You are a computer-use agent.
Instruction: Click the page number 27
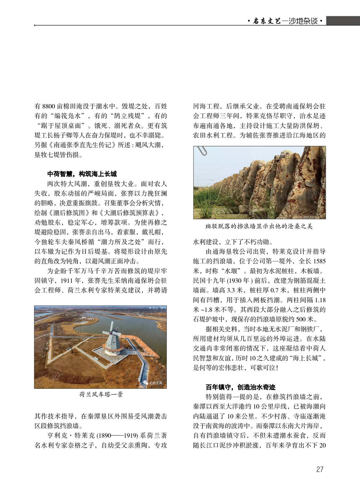(x=319, y=469)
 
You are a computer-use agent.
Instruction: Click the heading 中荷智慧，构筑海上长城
(x=82, y=174)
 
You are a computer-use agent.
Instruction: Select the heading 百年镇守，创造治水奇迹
(x=240, y=387)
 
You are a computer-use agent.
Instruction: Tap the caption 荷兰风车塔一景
(x=101, y=394)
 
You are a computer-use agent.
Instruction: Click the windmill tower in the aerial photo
(x=112, y=339)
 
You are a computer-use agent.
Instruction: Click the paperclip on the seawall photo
(x=203, y=151)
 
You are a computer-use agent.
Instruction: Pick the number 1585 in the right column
(x=319, y=261)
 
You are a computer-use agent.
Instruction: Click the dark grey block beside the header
(x=343, y=21)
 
